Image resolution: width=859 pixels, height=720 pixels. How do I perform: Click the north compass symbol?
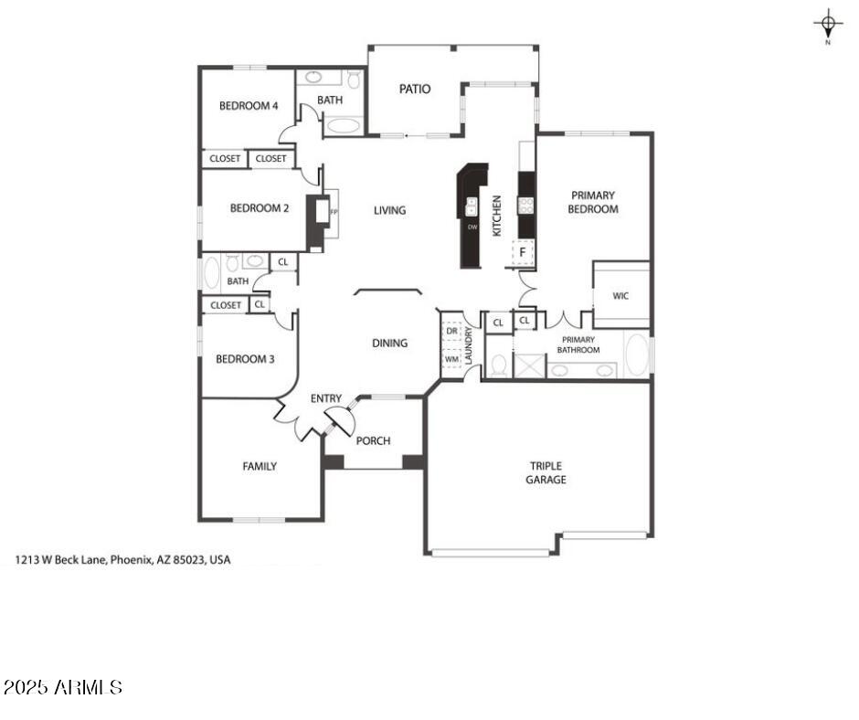click(828, 26)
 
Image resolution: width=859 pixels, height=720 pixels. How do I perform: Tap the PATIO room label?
click(414, 90)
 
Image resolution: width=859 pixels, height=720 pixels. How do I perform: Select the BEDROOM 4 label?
click(249, 106)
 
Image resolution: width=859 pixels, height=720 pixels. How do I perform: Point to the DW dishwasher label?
click(472, 227)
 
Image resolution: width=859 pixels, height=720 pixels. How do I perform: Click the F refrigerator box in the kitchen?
click(523, 251)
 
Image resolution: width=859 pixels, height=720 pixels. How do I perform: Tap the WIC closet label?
click(620, 296)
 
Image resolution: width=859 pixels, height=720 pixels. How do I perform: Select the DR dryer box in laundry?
click(451, 331)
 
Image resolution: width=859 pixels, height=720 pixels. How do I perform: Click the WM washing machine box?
click(451, 359)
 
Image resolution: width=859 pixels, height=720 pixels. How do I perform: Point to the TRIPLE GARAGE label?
click(546, 472)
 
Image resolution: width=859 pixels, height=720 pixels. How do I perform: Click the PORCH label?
click(373, 441)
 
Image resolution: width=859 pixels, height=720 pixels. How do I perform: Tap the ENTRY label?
click(326, 398)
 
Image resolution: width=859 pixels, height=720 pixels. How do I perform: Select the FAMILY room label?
click(260, 466)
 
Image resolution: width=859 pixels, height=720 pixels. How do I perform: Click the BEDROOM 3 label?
click(245, 359)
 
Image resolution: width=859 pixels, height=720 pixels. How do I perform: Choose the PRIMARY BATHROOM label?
click(579, 344)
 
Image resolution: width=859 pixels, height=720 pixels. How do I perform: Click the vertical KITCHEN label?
click(497, 217)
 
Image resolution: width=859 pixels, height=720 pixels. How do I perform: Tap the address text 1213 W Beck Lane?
click(122, 559)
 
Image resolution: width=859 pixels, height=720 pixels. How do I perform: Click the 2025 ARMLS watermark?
click(63, 687)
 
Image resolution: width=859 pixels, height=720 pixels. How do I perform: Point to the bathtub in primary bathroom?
click(637, 355)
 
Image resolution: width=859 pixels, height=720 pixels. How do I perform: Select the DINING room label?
click(389, 344)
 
